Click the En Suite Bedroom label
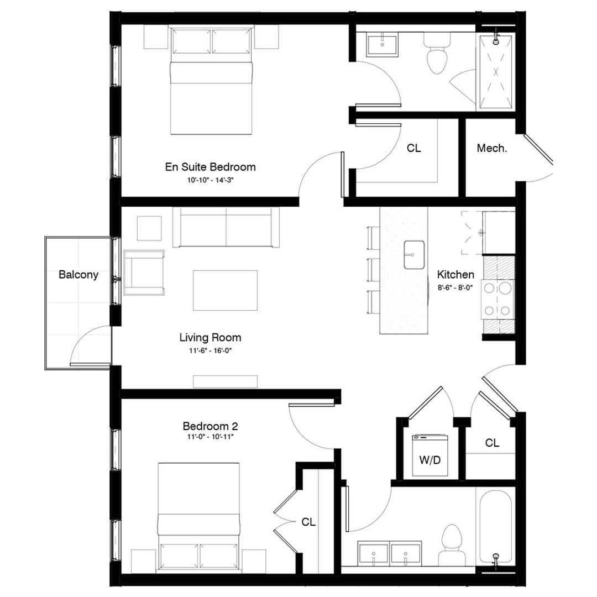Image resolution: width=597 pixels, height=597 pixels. pos(210,166)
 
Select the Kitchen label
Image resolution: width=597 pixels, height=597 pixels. pos(455,274)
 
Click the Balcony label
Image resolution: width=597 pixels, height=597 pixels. pos(78,274)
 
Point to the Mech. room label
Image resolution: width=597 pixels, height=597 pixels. pos(491,148)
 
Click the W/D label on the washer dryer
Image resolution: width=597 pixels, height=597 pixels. pos(430,460)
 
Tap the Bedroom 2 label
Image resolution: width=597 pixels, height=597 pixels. pos(210,426)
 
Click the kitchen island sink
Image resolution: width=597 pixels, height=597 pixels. pos(413,255)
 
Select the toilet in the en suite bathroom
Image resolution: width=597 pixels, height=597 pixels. pos(437,55)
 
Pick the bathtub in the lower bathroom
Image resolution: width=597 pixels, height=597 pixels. pos(496,525)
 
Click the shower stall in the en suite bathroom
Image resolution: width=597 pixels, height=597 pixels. pos(496,72)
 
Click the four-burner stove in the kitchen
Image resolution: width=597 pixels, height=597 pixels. pos(499,299)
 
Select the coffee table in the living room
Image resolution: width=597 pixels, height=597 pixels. pos(225,291)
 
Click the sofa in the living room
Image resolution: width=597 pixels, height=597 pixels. pos(226,228)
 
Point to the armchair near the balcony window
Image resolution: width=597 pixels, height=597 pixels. pos(144,273)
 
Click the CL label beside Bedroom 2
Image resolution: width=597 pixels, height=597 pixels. pos(308,522)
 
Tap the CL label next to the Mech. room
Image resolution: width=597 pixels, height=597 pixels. pos(413,148)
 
